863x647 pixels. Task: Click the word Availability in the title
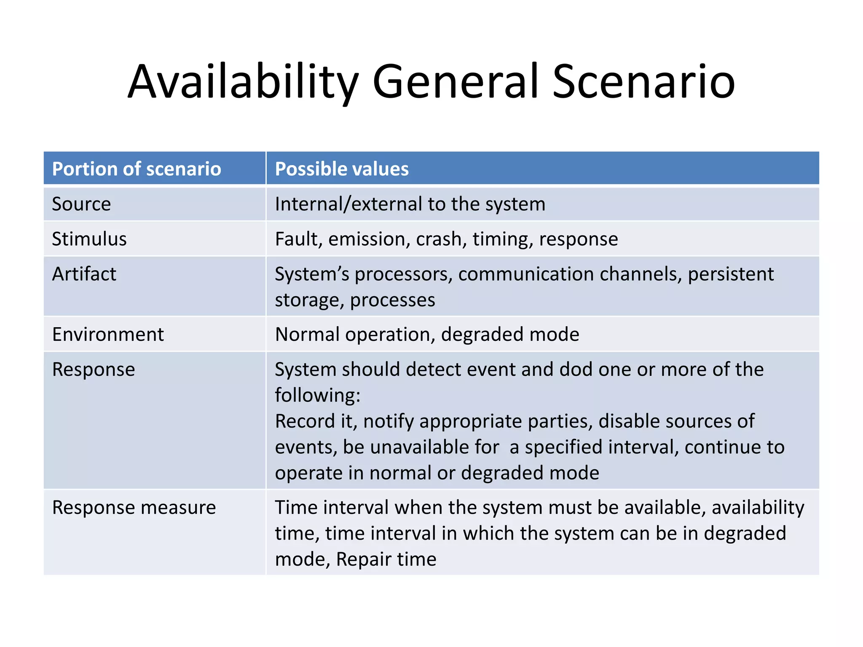243,82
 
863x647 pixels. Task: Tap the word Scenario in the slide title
643,82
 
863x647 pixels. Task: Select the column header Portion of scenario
137,169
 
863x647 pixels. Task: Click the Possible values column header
342,169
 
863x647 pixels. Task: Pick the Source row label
81,204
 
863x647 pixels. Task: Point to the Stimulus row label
89,239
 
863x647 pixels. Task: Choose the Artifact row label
84,274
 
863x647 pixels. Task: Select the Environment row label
108,334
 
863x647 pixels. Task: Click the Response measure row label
134,508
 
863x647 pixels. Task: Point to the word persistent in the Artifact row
731,274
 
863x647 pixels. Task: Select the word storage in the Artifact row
309,300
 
